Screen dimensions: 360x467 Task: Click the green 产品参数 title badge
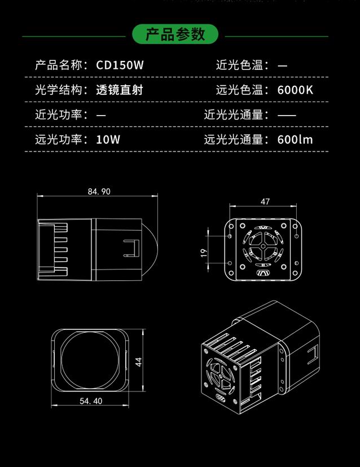click(x=175, y=34)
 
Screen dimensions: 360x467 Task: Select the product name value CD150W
click(x=120, y=65)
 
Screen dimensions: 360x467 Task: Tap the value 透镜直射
click(x=120, y=90)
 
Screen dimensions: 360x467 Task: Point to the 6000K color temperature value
click(x=295, y=90)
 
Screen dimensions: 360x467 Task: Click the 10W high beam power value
click(x=108, y=139)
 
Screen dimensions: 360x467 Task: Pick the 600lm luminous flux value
click(x=295, y=139)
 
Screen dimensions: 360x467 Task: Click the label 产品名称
click(x=59, y=65)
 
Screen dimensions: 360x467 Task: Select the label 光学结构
click(x=59, y=90)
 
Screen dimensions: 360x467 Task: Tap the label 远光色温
click(x=239, y=90)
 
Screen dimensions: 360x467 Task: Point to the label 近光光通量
click(x=234, y=114)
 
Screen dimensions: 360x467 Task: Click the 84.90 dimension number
click(x=99, y=192)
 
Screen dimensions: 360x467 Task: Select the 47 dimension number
click(x=265, y=201)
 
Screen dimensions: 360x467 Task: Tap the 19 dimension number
click(x=204, y=253)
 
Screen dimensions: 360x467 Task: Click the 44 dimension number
click(x=139, y=362)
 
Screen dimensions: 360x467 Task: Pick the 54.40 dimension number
click(x=91, y=401)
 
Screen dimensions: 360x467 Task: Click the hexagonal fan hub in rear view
click(x=263, y=246)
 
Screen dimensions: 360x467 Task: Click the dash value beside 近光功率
click(x=101, y=115)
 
